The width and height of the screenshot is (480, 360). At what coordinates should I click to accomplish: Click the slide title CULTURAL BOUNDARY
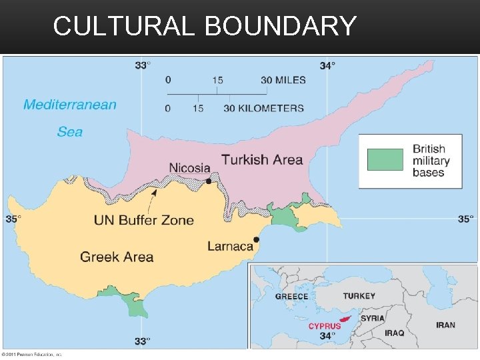pos(205,26)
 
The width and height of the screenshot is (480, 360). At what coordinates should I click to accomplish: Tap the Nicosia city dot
pos(209,181)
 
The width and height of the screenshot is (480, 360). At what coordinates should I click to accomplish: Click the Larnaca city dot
pos(256,239)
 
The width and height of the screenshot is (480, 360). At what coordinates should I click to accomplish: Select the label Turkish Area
pos(262,160)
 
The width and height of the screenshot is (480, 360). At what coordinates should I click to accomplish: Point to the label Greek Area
pos(117,257)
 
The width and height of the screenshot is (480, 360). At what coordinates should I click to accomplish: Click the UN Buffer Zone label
pos(144,220)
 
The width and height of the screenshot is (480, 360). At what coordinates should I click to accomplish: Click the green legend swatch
pos(385,160)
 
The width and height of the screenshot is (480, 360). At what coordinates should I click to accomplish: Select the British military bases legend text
pos(431,161)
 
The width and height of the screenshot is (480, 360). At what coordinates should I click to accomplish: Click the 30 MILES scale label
pos(283,80)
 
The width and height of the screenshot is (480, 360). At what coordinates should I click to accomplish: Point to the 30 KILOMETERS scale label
pos(264,108)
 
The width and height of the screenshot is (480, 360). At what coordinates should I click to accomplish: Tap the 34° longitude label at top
pos(327,65)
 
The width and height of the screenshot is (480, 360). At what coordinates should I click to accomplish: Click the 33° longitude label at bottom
pos(141,341)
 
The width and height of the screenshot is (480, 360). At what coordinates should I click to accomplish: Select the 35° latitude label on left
pos(14,218)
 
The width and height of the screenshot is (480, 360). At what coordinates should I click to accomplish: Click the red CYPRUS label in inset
pos(325,326)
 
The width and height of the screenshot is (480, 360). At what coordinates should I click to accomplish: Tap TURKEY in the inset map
pos(359,296)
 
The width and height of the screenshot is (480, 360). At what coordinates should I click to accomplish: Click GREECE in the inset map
pos(292,297)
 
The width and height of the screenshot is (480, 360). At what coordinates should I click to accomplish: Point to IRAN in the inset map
pos(446,325)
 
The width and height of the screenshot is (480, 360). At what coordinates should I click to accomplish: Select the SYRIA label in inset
pos(372,319)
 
